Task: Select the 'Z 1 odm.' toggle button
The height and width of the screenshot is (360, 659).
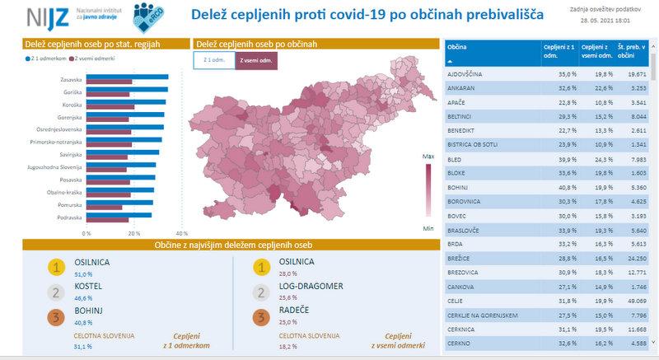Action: click(213, 60)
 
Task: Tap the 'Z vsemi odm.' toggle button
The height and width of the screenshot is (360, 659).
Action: click(256, 60)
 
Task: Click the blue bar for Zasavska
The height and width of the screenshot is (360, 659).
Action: click(127, 77)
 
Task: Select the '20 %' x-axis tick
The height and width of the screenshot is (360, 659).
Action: click(133, 233)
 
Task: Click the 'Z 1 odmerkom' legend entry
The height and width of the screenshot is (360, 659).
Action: click(46, 58)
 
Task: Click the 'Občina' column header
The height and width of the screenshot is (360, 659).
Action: click(457, 48)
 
